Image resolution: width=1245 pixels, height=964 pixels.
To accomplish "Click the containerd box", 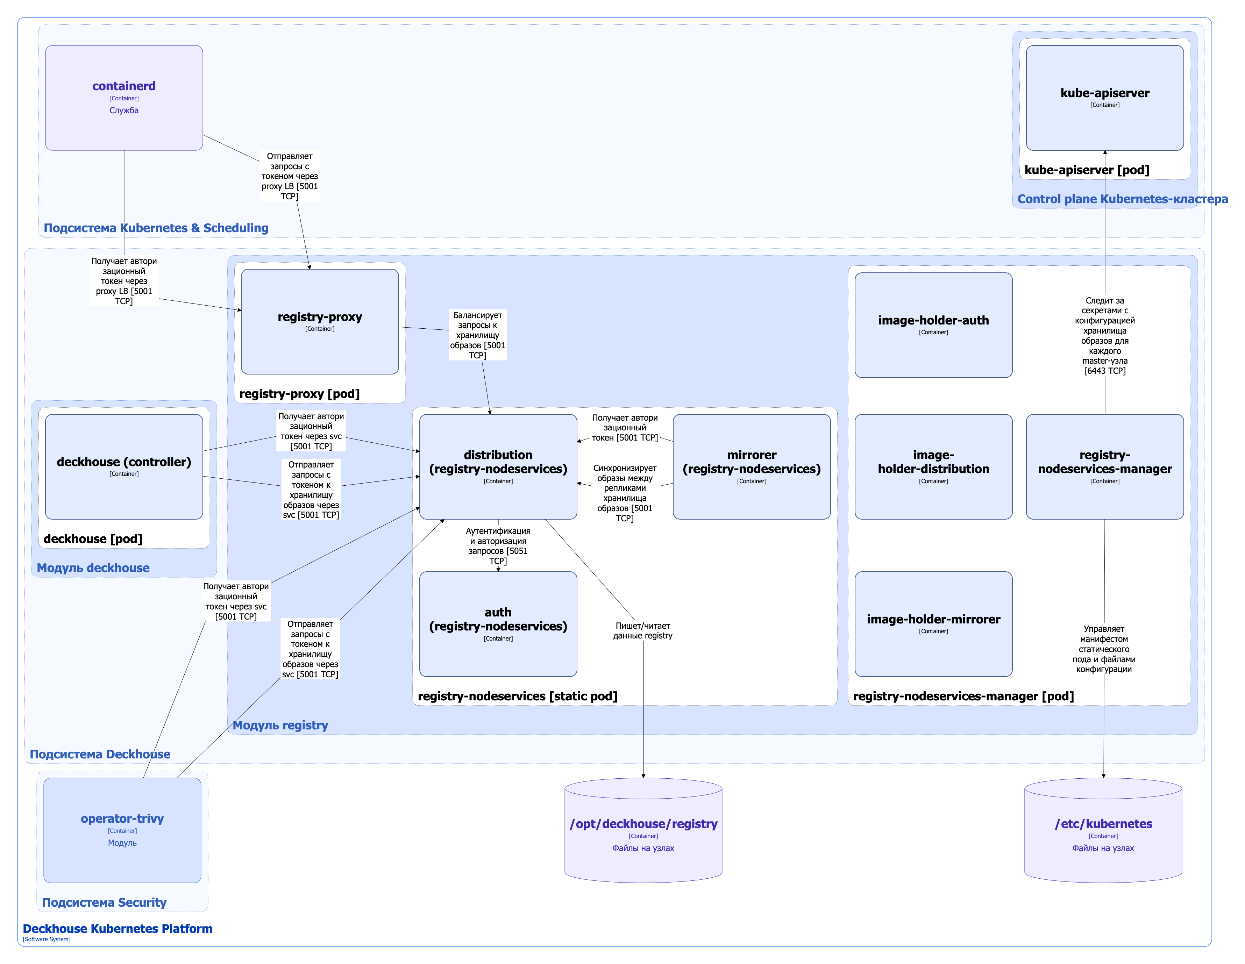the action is (124, 98).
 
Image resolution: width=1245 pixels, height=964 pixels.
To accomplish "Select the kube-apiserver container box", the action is (1105, 98).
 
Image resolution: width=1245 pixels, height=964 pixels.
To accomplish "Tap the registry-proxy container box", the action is (320, 322).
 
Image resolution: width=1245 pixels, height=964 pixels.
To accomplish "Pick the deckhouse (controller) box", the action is (124, 466).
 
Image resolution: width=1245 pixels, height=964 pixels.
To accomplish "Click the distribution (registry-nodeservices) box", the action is (498, 466).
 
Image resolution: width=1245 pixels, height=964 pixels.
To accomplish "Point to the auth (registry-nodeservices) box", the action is (498, 624).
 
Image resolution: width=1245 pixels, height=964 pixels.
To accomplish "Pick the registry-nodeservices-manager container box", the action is (1105, 466).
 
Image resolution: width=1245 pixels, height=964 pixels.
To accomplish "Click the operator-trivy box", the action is (122, 830).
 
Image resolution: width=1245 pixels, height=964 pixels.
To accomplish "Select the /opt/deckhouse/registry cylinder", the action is (643, 830).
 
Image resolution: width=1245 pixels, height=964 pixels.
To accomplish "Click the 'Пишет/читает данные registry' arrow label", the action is (643, 630).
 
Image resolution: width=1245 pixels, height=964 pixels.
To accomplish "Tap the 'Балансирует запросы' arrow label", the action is (478, 335).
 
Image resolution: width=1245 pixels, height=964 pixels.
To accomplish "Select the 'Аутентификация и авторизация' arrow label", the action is (498, 545).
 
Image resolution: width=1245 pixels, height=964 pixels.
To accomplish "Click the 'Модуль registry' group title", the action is (280, 725).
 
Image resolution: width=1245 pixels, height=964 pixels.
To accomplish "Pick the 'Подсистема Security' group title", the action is (104, 902).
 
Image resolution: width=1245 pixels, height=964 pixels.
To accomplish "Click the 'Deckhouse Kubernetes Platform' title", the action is (118, 929).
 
